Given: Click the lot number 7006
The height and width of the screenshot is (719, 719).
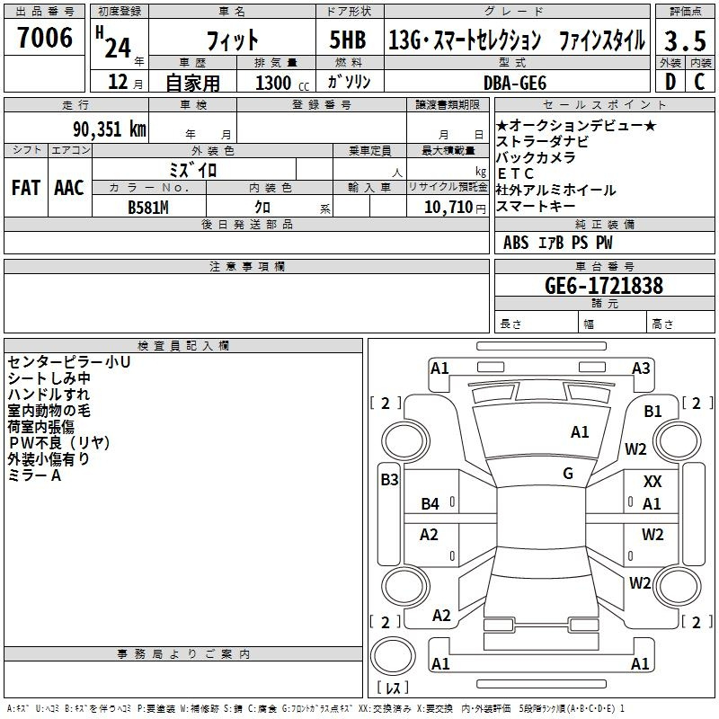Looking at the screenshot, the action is point(45,38).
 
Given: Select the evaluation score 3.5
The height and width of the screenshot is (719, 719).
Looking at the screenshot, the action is point(685,40).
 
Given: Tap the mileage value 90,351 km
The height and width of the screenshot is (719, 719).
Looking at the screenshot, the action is point(110,129).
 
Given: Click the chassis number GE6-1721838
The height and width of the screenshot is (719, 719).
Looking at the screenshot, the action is point(604,286).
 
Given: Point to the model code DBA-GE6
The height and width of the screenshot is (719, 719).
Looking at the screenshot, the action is point(515,83).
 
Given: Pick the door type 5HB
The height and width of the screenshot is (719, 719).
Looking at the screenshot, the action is point(348,40).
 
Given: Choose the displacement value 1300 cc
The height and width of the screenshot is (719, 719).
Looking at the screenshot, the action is point(282,83).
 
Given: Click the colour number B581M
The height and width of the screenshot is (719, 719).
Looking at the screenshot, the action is point(148,208).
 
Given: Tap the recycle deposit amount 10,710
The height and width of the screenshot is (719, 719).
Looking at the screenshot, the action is point(448,208).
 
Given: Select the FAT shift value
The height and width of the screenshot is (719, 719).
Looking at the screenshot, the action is point(26,188).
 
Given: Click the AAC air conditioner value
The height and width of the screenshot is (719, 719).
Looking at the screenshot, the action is point(69,188).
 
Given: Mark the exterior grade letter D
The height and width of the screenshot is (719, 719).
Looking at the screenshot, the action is point(670,82).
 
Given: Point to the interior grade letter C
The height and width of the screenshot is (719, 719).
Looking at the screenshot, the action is point(699,82).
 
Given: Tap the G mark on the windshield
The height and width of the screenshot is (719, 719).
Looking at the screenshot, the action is point(568,474).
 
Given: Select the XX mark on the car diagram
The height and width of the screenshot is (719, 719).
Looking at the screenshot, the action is point(652,482).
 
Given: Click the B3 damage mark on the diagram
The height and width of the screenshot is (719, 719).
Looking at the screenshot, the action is point(389,480).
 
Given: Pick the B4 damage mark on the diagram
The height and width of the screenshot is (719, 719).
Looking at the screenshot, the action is point(431,504).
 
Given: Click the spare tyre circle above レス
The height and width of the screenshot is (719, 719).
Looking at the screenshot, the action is point(393,656).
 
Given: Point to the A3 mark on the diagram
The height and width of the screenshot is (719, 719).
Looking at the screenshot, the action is point(641,368).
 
